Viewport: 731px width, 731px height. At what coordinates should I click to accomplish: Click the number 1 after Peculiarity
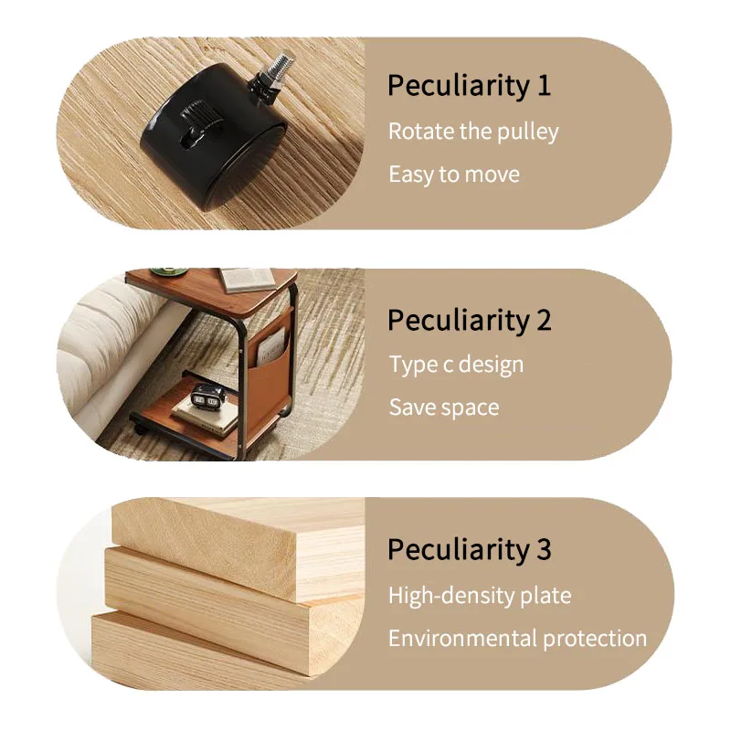click(x=544, y=86)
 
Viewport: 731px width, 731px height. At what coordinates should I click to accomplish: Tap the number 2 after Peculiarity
click(x=544, y=321)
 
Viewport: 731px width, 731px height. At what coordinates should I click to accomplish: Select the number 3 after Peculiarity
click(x=544, y=549)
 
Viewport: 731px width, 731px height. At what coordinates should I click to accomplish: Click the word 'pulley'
click(x=527, y=132)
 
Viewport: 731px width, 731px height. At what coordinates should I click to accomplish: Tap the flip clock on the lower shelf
click(x=207, y=397)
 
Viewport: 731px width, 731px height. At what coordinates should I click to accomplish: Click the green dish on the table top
click(x=169, y=270)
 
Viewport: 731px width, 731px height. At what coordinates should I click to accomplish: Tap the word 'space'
click(x=471, y=408)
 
